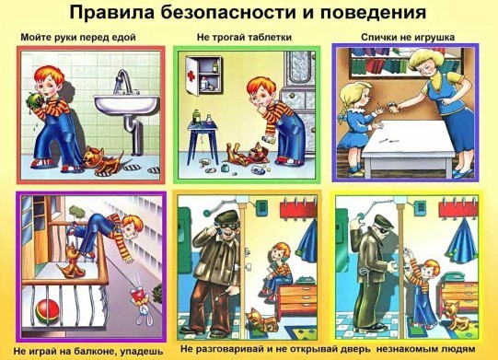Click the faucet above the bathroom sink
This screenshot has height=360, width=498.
click(x=123, y=81)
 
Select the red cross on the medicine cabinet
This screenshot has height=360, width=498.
click(x=191, y=75)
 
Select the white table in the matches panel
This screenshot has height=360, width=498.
click(x=409, y=147)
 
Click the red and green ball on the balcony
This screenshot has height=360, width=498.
click(x=47, y=312)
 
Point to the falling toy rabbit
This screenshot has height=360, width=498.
click(x=142, y=302)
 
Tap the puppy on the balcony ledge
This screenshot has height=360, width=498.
click(x=71, y=261)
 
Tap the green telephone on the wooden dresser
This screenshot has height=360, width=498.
click(x=306, y=280)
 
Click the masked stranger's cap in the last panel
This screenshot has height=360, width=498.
click(x=384, y=221)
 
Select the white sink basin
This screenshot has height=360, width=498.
click(x=126, y=104)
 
